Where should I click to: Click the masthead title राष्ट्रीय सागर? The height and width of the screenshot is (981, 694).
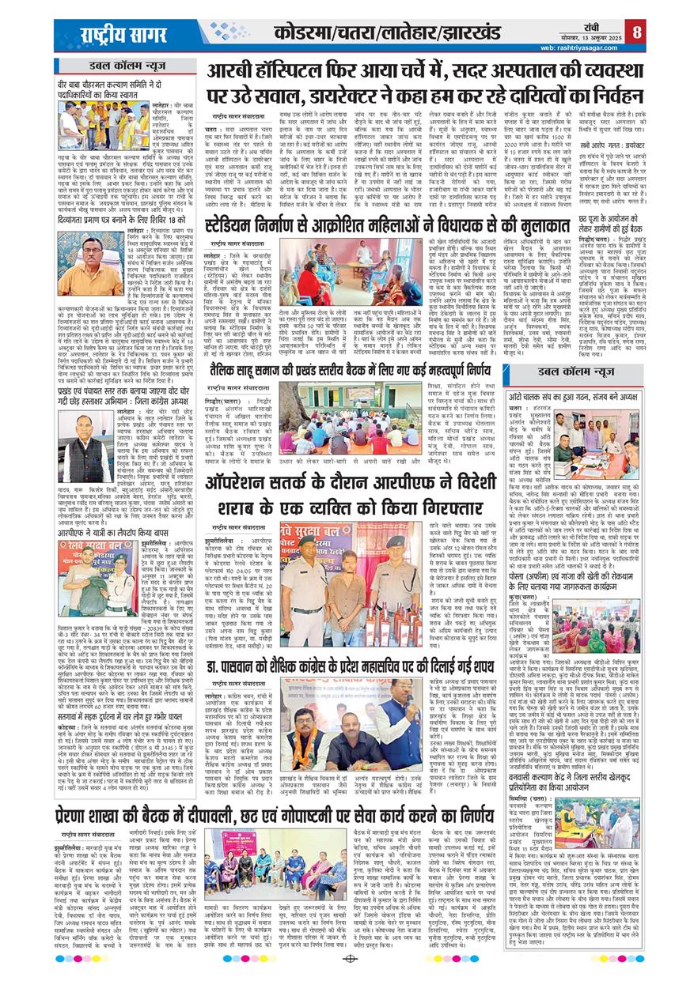[x=117, y=36]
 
